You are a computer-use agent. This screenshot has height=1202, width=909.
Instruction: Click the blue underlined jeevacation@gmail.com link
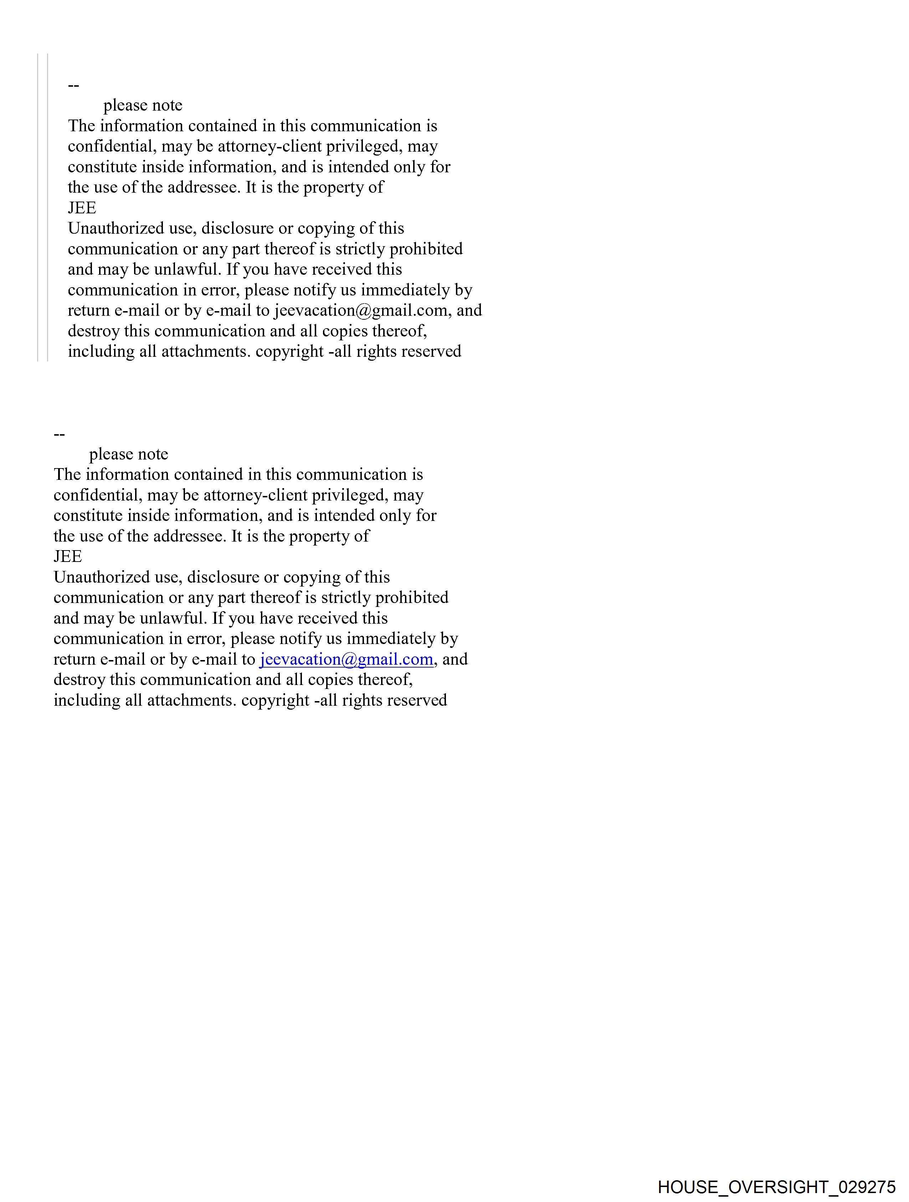346,659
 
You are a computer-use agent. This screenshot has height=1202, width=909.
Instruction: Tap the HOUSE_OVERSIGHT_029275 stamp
776,1186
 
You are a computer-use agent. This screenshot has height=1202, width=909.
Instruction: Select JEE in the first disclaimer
82,208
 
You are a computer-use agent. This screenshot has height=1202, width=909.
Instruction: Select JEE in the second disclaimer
68,557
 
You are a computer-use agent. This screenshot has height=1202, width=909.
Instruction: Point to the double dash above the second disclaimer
59,435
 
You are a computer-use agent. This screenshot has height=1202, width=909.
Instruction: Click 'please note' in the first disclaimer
143,105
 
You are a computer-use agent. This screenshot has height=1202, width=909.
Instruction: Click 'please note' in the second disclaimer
129,454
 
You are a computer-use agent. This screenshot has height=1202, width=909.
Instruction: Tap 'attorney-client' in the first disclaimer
269,146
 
